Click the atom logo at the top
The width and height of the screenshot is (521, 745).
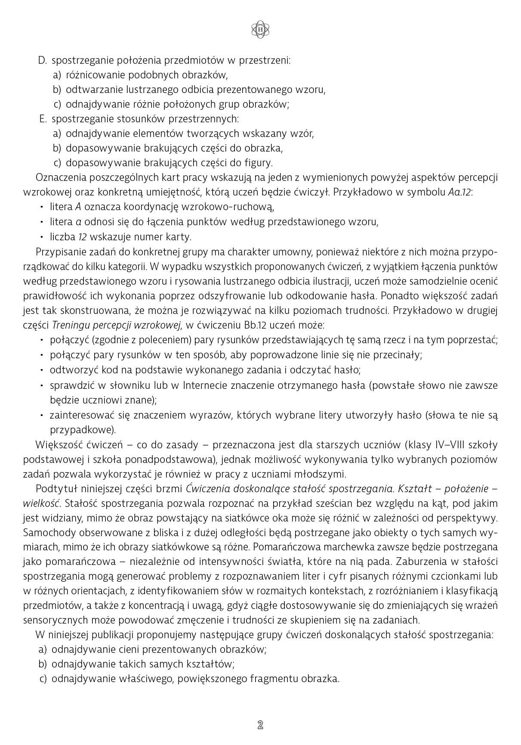tap(260, 29)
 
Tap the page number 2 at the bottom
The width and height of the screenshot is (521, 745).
tap(260, 725)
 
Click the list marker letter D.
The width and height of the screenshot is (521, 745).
tap(42, 60)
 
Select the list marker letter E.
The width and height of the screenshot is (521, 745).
tap(43, 119)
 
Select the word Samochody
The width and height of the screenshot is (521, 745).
tap(47, 533)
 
